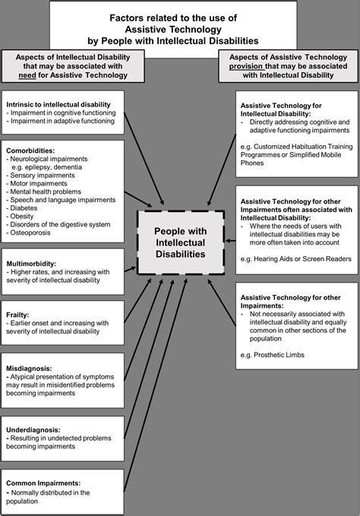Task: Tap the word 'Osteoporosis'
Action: pyautogui.click(x=32, y=233)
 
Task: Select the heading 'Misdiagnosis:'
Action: pyautogui.click(x=28, y=366)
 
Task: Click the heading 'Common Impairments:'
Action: pyautogui.click(x=42, y=483)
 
